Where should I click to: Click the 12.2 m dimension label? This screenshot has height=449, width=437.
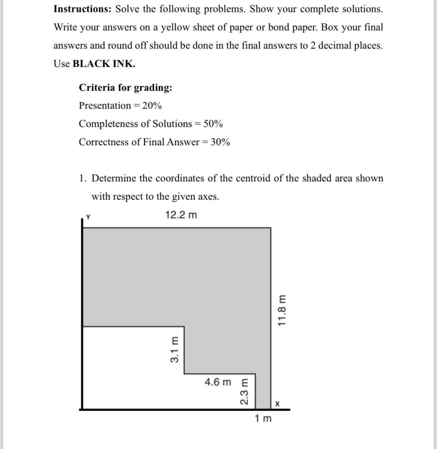point(181,215)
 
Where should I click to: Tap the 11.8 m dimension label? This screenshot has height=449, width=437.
point(283,311)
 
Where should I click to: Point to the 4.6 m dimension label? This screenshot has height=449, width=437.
point(218,382)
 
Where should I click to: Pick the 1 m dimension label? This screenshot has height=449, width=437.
point(263,419)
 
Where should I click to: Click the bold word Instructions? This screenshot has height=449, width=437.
point(83,9)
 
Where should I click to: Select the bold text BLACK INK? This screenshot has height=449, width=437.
point(104,64)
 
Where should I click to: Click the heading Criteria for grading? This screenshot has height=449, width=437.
point(125,88)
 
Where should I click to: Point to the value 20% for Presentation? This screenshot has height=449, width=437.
point(152,106)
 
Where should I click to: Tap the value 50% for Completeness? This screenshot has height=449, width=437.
point(213,124)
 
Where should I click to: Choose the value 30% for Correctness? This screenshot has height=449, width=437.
point(220,142)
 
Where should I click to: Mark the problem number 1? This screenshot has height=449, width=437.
point(82,178)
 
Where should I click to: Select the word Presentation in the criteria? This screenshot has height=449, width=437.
point(105,106)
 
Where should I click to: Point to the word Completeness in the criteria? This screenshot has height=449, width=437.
point(108,124)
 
